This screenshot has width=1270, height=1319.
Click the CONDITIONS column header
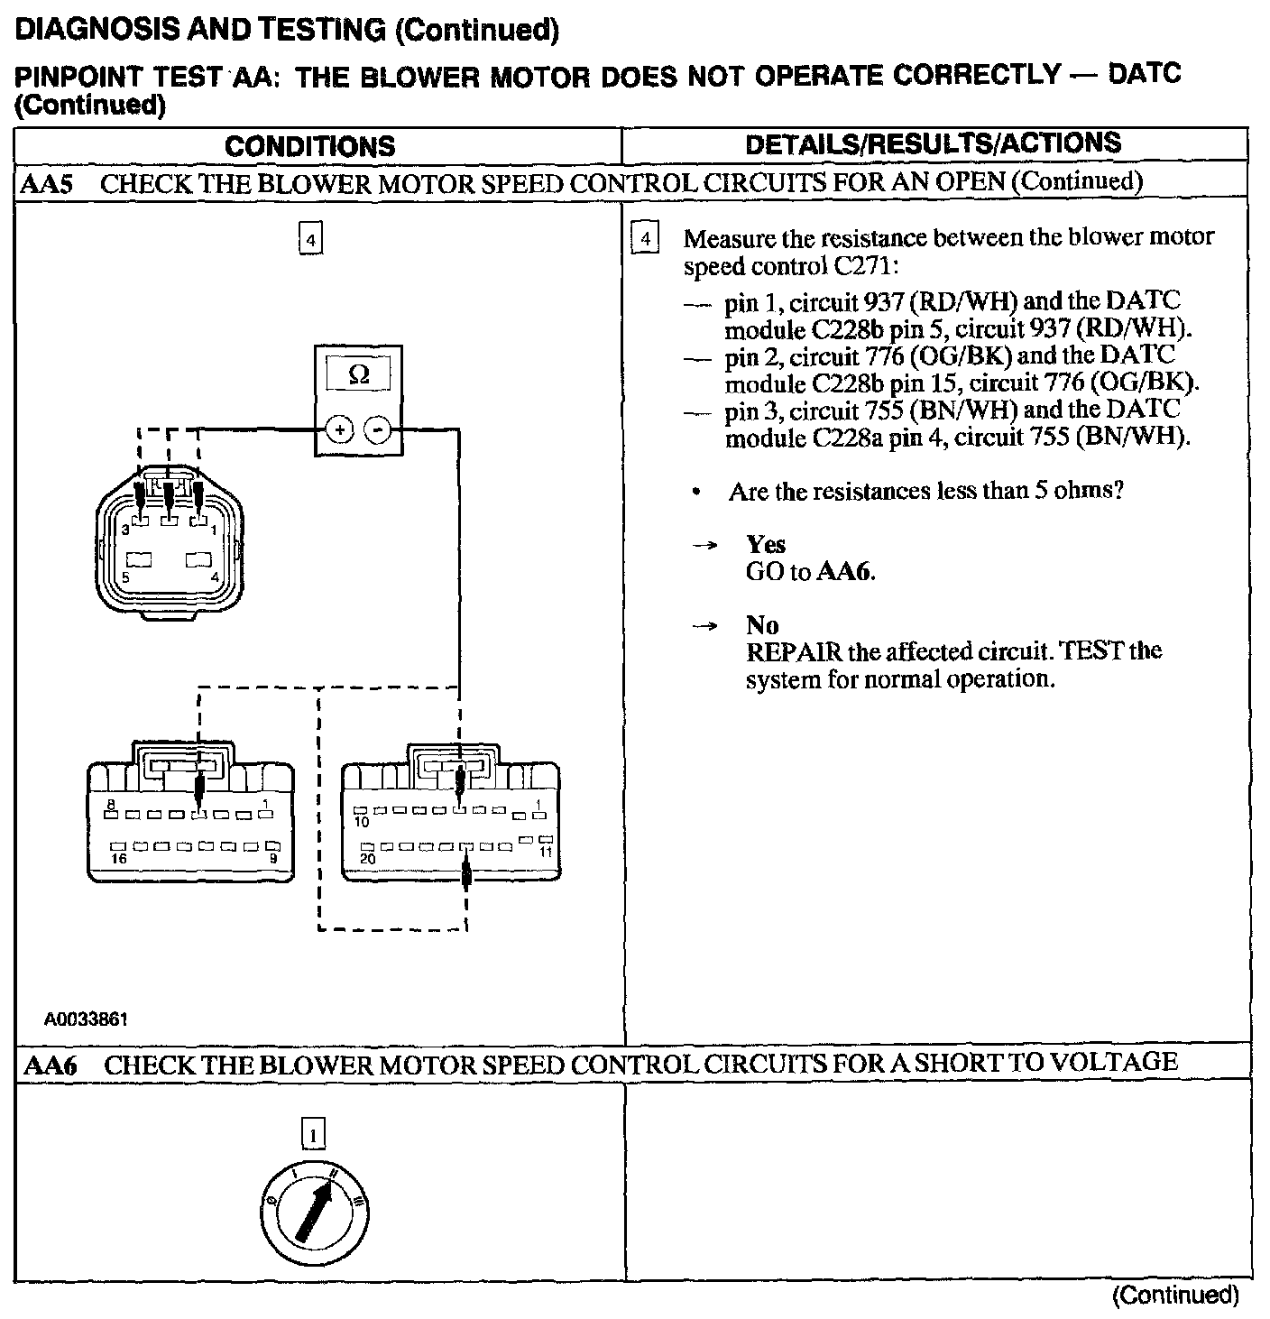[309, 146]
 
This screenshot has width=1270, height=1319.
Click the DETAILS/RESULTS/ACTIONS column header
[933, 143]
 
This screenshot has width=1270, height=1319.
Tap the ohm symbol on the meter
[358, 374]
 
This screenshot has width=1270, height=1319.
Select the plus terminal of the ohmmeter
[339, 429]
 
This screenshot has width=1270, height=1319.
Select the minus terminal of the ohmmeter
[378, 429]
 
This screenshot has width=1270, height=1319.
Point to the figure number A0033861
[87, 1019]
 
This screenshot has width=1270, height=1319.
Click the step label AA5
[46, 184]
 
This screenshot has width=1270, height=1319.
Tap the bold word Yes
[765, 544]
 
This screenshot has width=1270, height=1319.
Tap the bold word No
[761, 624]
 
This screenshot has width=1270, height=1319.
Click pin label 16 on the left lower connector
[119, 859]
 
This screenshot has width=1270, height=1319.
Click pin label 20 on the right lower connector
[367, 859]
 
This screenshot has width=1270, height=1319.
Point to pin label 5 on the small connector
[125, 577]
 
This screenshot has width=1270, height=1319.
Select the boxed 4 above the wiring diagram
[310, 240]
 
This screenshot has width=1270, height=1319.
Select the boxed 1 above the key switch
[312, 1133]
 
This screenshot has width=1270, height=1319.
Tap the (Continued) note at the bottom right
[1174, 1296]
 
